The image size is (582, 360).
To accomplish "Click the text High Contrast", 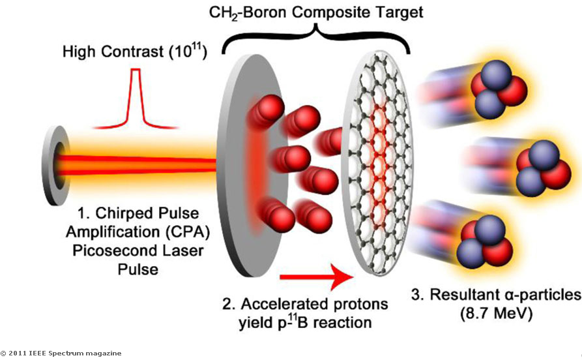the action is [x=102, y=50].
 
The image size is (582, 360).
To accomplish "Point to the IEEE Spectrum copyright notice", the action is [x=61, y=353].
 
